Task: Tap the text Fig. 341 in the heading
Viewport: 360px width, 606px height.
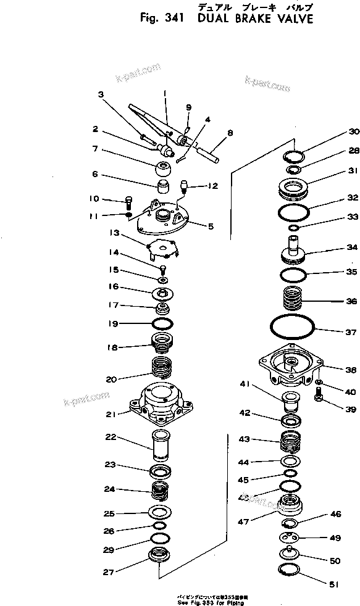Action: [159, 19]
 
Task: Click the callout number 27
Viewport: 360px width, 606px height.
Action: [109, 571]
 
